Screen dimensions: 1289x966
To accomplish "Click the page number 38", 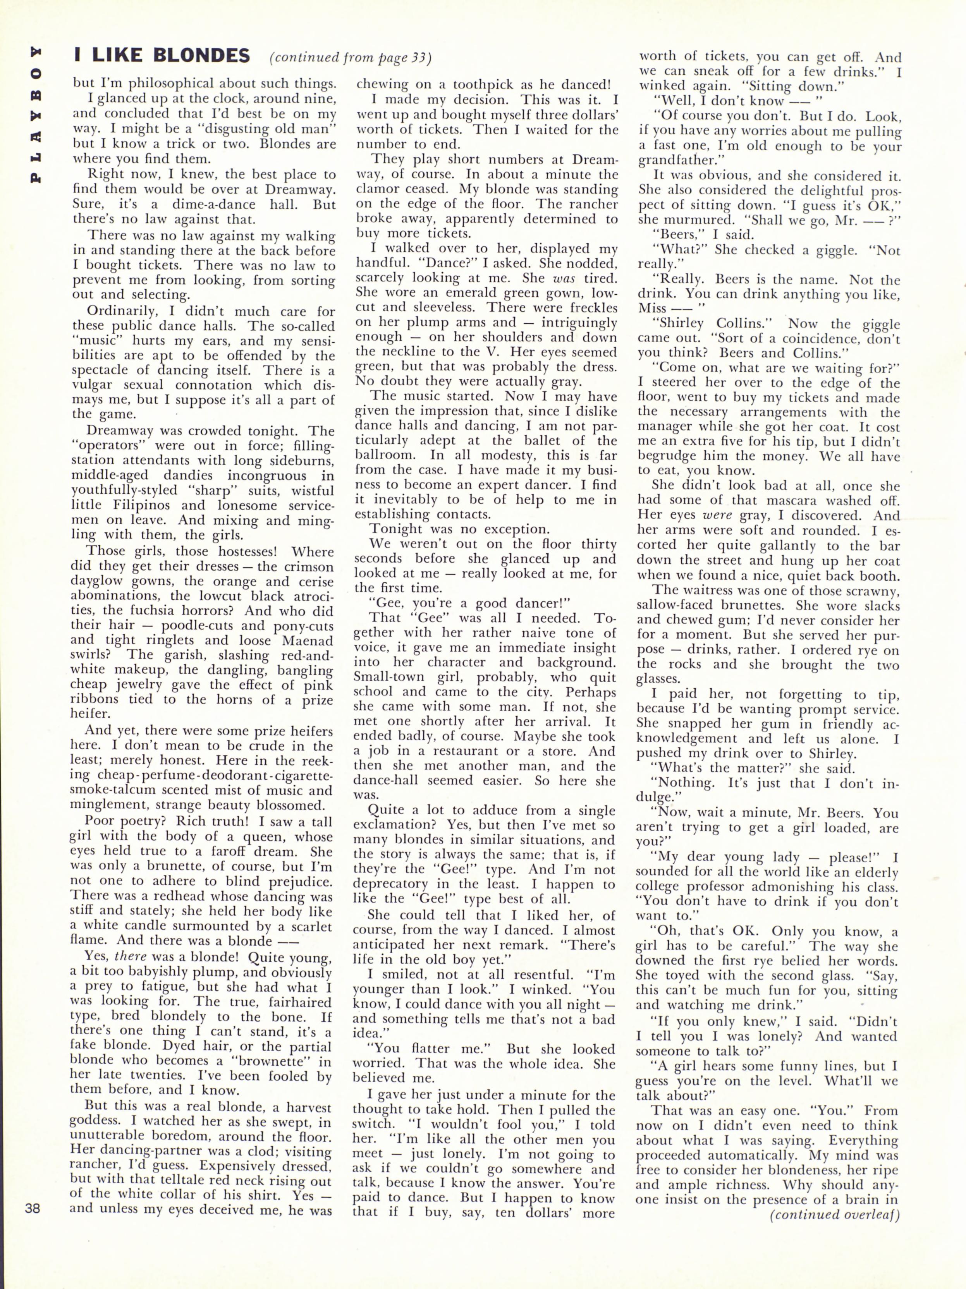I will (33, 1208).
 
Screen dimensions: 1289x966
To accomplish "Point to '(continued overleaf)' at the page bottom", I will (834, 1214).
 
